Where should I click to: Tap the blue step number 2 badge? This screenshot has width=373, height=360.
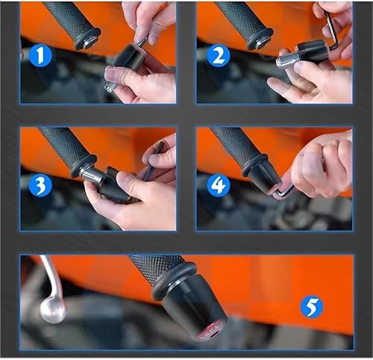(x=216, y=56)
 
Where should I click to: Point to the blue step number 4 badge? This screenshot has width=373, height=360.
(x=218, y=184)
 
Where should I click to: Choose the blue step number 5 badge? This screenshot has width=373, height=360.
(x=311, y=306)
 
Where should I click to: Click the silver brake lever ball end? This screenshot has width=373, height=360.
(x=52, y=309)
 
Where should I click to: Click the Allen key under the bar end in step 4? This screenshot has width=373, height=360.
(x=282, y=191)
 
